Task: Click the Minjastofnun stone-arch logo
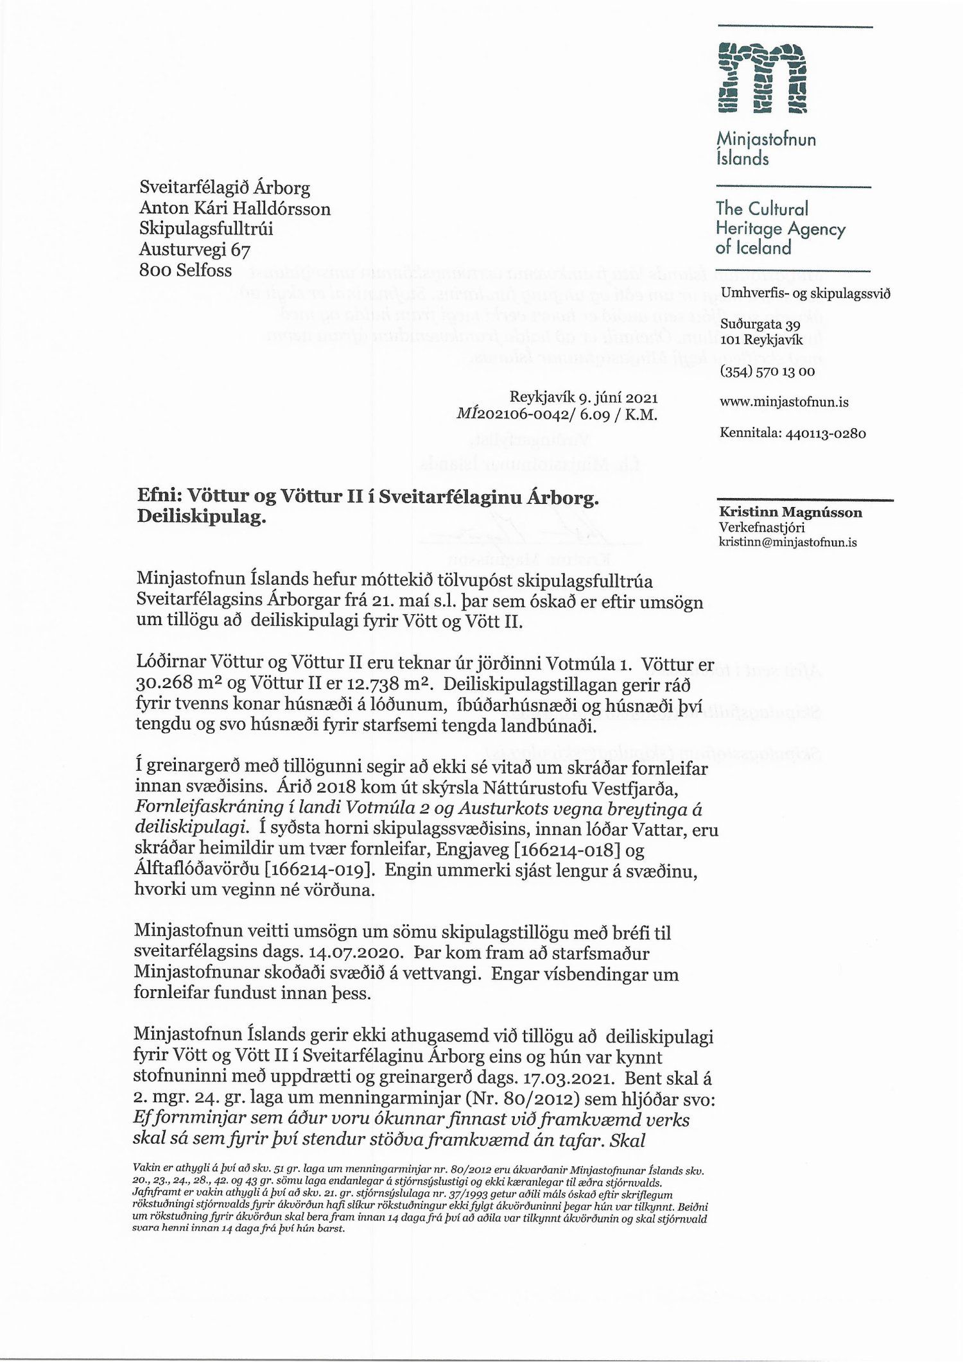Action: (761, 78)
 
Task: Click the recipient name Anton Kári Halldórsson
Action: (235, 209)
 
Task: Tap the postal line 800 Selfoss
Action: (186, 270)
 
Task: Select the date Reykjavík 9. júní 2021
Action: (583, 398)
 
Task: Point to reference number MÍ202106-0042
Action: (514, 415)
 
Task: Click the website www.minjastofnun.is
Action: (785, 402)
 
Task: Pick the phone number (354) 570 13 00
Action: (767, 371)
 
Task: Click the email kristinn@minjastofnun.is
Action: (788, 542)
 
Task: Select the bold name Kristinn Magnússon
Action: (790, 512)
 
